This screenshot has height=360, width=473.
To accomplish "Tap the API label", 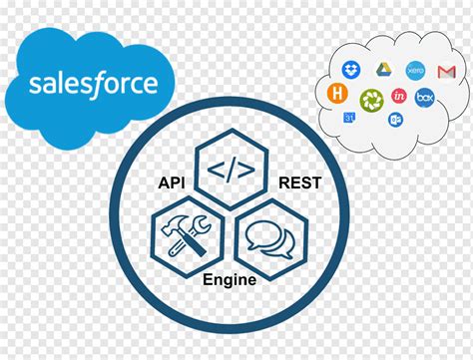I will pos(172,182).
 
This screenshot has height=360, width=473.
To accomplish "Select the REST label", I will pos(298,182).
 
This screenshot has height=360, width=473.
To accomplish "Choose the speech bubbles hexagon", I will pos(268,237).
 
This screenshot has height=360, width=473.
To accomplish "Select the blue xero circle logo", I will pos(415,72).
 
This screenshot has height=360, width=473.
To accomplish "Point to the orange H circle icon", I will pos(338,93).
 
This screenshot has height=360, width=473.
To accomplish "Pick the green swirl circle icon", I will pos(371,98).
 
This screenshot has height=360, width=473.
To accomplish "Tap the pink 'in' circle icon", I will pos(399,96).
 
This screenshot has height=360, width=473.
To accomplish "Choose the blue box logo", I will pos(425,97).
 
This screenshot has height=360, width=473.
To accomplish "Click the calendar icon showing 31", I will pos(350,117).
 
